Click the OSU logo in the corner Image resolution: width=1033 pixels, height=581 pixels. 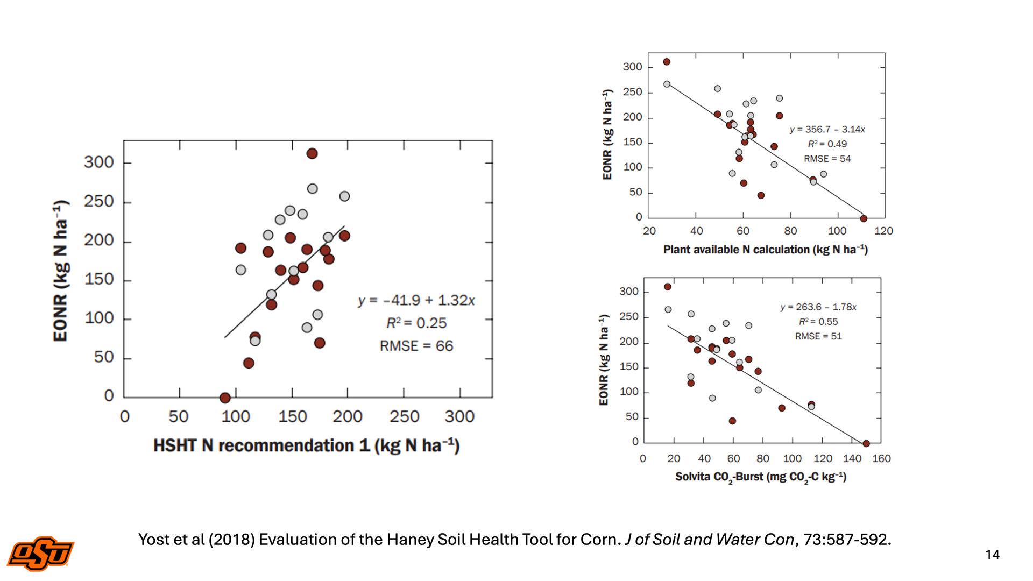[40, 554]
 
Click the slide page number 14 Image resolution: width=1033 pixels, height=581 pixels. [992, 555]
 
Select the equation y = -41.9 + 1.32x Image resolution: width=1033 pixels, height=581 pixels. [416, 300]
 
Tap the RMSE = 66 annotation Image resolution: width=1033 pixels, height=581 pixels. [416, 346]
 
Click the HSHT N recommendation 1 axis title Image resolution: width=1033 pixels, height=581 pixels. [306, 446]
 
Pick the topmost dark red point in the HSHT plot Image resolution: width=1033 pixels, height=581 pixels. [312, 154]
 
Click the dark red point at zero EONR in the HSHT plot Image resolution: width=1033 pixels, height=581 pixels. [225, 398]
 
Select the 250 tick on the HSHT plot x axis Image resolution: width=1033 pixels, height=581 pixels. [404, 417]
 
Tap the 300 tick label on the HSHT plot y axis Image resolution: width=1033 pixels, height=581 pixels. [99, 162]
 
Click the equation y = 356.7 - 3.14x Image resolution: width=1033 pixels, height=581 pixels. [827, 130]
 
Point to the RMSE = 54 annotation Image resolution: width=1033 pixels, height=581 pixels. [827, 159]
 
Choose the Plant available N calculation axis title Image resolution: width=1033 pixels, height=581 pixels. [765, 250]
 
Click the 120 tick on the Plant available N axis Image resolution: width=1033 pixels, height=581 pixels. [883, 231]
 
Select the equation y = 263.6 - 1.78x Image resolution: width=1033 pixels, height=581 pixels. [818, 307]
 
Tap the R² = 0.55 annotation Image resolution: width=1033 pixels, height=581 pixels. [818, 322]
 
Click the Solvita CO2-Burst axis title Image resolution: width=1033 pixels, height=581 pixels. [761, 477]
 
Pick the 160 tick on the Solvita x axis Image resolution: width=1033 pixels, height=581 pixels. [881, 459]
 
